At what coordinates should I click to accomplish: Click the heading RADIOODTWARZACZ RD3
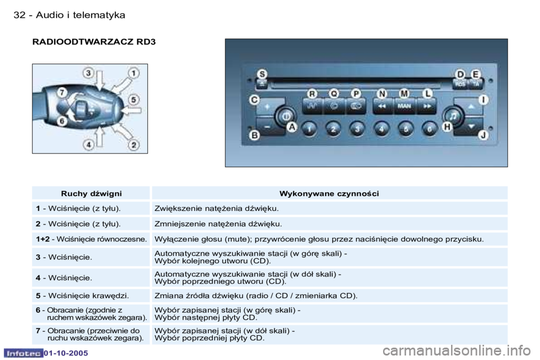(94, 42)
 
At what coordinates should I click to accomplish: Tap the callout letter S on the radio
(263, 74)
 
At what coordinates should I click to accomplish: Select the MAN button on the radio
(404, 106)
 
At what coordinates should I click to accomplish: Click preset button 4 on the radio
(381, 129)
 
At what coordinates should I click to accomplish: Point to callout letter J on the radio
(484, 134)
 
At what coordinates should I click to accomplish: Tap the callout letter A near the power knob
(292, 127)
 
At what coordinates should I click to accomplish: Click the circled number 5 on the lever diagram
(134, 100)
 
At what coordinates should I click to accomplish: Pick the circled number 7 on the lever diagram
(62, 93)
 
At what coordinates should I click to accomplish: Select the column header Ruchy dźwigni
(91, 193)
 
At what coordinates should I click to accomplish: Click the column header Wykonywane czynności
(329, 193)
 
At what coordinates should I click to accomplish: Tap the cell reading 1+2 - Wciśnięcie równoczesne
(91, 239)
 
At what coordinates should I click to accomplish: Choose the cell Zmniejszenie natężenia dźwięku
(218, 224)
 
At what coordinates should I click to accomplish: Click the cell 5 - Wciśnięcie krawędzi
(82, 295)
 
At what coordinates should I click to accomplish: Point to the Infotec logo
(24, 353)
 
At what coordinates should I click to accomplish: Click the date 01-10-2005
(66, 353)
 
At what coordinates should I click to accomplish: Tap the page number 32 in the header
(19, 15)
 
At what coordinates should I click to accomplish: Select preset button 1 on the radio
(309, 129)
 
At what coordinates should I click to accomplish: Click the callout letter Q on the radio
(334, 94)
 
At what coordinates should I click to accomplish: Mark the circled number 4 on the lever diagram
(88, 145)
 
